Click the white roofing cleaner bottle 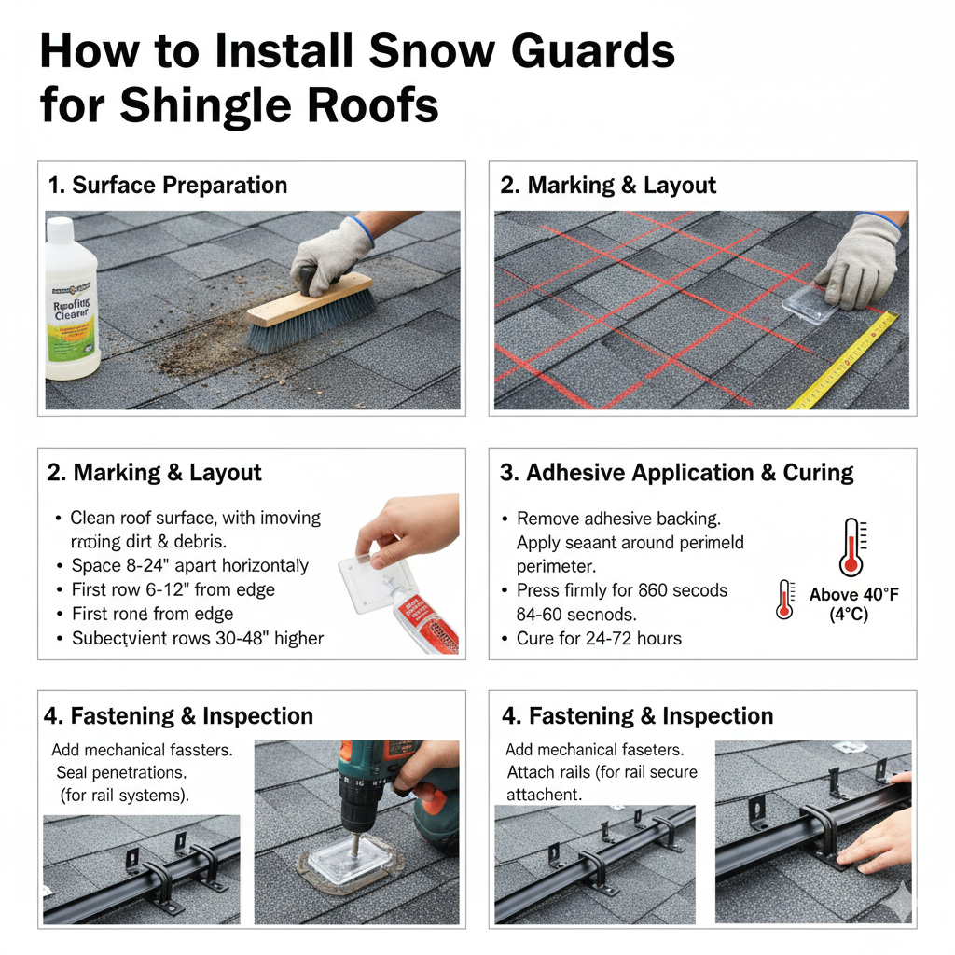coord(73,308)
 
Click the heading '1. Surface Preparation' coord(167,185)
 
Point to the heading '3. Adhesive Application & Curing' coord(676,472)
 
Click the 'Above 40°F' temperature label coord(854,595)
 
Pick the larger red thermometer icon coord(851,547)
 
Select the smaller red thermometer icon coord(784,599)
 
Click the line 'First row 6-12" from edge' coord(173,589)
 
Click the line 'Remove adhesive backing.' coord(618,519)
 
